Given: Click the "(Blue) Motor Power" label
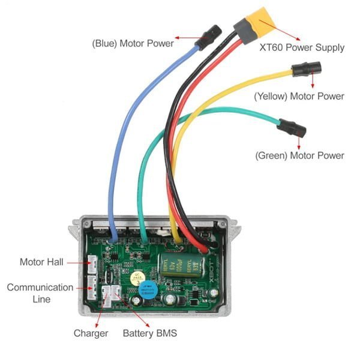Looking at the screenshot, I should coord(133,43).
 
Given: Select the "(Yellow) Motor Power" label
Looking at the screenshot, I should coord(299,96).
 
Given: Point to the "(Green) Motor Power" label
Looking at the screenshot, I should coord(299,155).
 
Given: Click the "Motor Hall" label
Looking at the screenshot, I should coord(41,262).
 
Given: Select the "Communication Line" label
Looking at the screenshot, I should coord(40,293).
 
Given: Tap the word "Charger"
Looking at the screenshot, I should coord(91,333).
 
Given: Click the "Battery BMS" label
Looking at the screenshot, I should coord(149,333).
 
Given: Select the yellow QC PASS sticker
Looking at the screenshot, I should coord(137,277).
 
